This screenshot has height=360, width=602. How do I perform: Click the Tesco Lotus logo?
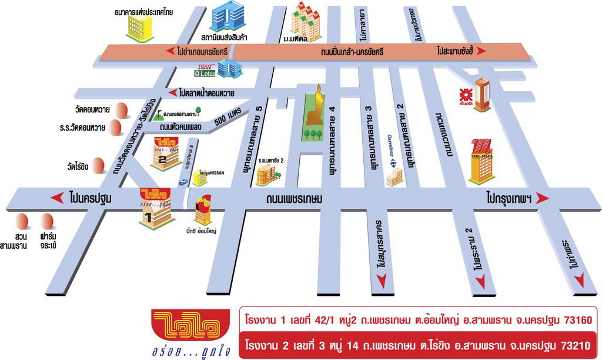[205, 70]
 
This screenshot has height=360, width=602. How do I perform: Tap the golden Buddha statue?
[316, 107]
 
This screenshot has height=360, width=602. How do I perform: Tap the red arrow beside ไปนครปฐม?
[57, 198]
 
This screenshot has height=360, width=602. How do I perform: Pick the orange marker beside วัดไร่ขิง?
[98, 165]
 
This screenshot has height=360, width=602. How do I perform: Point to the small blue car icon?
[183, 182]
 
